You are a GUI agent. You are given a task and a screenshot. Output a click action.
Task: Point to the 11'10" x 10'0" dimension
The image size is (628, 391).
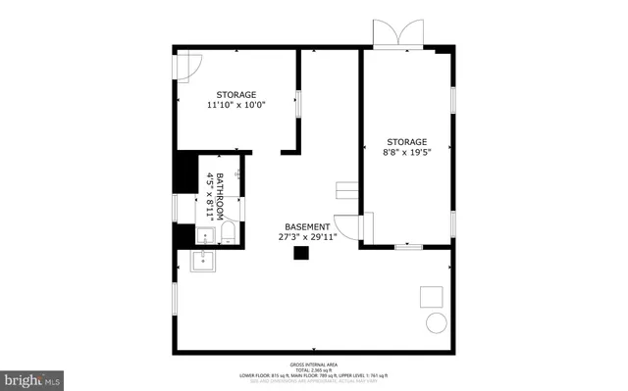pyautogui.click(x=237, y=105)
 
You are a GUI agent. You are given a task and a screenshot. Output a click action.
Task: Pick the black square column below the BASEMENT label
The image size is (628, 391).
pyautogui.click(x=302, y=254)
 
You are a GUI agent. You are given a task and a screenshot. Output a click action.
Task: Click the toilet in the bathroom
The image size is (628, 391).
pyautogui.click(x=228, y=232)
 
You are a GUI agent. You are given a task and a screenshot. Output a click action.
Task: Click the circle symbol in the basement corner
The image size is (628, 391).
pyautogui.click(x=434, y=324)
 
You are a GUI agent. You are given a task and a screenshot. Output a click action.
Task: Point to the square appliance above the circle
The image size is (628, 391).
pyautogui.click(x=431, y=296)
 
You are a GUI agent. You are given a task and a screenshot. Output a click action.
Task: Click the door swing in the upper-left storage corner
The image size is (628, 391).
pyautogui.click(x=187, y=64)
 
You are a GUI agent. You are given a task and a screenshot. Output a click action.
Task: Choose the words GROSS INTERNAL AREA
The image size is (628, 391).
pyautogui.click(x=314, y=363)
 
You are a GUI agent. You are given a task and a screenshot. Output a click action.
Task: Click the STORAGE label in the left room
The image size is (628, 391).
pyautogui.click(x=236, y=94)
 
